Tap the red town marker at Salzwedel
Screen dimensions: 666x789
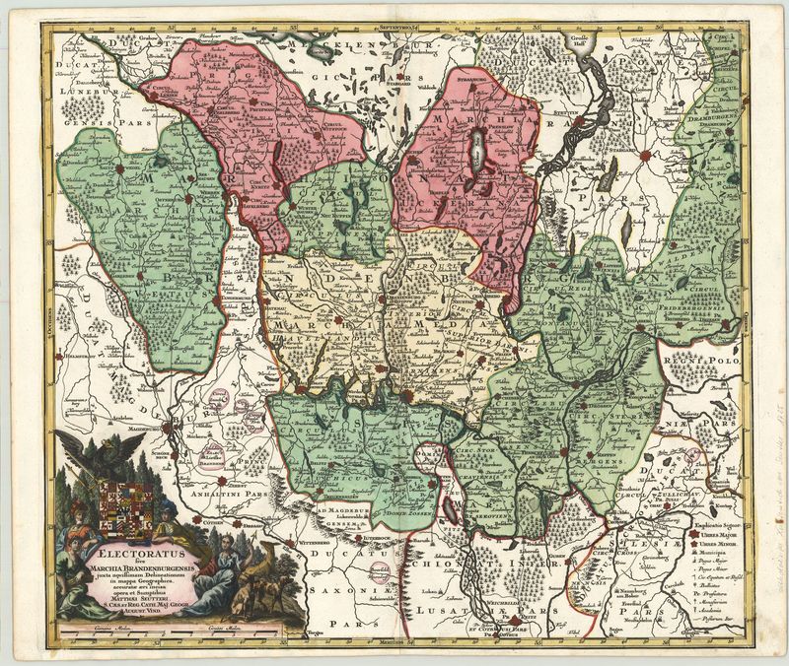pyautogui.click(x=118, y=169)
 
